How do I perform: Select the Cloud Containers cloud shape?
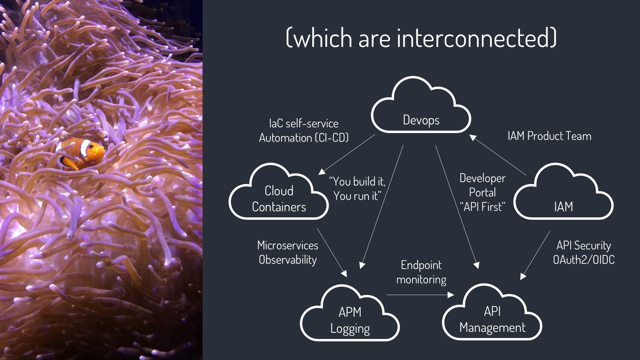(x=279, y=198)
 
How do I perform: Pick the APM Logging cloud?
(x=350, y=320)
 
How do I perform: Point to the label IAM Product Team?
(x=549, y=136)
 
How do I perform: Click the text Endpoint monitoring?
(x=421, y=272)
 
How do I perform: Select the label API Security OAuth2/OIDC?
(x=584, y=252)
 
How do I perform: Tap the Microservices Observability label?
(x=288, y=252)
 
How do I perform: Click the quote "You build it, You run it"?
(x=357, y=189)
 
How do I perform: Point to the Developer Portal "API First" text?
(x=482, y=192)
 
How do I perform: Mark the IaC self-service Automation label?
(x=303, y=131)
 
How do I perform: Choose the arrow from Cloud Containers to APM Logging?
(x=332, y=252)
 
